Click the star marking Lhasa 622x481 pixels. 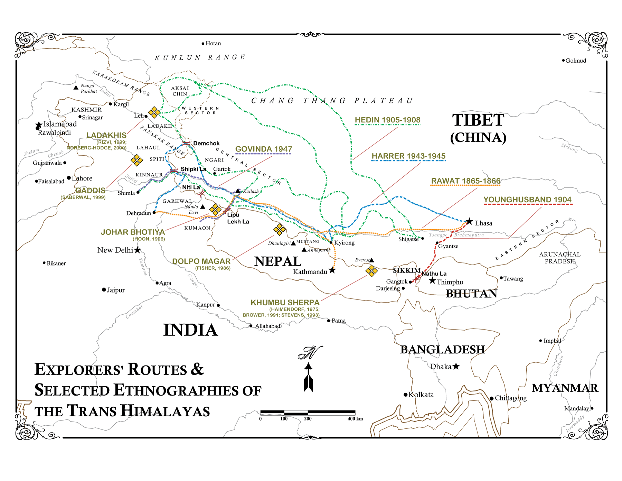coord(469,221)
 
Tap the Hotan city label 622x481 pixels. coord(213,44)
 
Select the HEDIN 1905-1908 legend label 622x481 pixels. coord(387,120)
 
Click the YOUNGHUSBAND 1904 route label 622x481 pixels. coord(527,200)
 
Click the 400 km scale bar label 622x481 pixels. coord(355,419)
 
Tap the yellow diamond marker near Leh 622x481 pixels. coord(154,112)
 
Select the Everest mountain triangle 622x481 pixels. coord(372,260)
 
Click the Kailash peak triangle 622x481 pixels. coord(238,191)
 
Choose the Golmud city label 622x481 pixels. coord(576,61)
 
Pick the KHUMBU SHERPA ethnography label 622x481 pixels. coord(285,303)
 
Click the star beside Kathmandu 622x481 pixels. coord(332,270)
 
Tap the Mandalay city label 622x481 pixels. coord(576,409)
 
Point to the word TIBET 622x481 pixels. coord(478,120)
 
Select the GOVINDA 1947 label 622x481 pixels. coord(264,149)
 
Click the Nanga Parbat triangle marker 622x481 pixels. coord(76,87)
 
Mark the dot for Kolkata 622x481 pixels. coord(405,395)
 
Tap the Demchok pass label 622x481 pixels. coord(206,144)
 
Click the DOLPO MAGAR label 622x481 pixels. coord(201,261)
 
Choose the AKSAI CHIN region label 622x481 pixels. coord(180,91)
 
